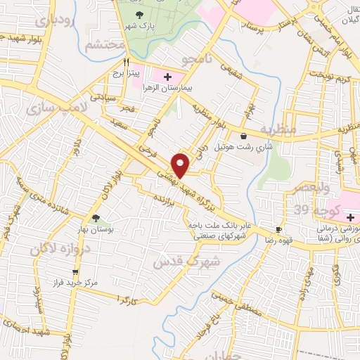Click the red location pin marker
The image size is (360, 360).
click(x=181, y=165)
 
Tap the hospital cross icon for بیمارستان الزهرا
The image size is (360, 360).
click(x=167, y=76)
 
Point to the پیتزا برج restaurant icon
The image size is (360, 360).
click(x=126, y=61)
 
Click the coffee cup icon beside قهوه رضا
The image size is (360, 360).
click(x=279, y=230)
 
